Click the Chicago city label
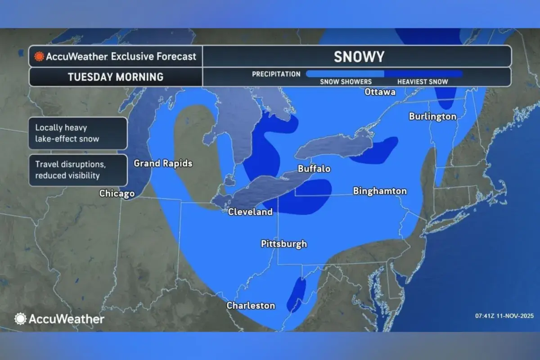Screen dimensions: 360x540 [117, 193]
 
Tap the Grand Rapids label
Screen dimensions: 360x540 [163, 163]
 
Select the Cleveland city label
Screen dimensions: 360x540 [250, 211]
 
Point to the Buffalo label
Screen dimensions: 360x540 [314, 169]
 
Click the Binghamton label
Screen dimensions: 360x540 [380, 191]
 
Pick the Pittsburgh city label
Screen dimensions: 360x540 [284, 244]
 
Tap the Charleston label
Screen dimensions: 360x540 [251, 306]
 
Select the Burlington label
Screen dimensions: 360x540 [432, 117]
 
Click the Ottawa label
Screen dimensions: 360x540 [380, 92]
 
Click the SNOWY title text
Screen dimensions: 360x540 [359, 57]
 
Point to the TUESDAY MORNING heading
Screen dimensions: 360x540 [116, 77]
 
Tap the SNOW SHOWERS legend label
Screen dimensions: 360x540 [346, 82]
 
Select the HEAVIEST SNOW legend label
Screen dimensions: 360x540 [423, 82]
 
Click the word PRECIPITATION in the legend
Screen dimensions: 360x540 [276, 74]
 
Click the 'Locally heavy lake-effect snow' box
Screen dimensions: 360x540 [78, 133]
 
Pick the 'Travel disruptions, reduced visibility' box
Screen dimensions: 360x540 [78, 170]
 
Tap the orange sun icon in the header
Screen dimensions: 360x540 [39, 57]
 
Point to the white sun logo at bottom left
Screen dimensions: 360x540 [20, 319]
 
